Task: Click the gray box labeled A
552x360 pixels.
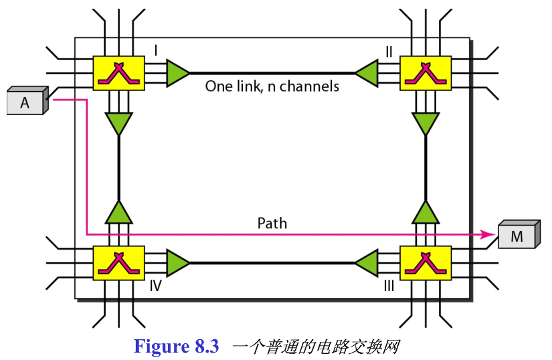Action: pos(25,102)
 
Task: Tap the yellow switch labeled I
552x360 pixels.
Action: pos(118,72)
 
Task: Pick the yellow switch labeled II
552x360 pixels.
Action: pos(426,72)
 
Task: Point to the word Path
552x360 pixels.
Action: pos(272,223)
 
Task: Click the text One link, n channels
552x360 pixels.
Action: pos(272,86)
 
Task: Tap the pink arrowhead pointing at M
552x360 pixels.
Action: pos(488,234)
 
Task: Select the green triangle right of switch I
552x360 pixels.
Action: pos(177,72)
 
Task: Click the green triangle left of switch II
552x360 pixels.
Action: pos(367,72)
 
